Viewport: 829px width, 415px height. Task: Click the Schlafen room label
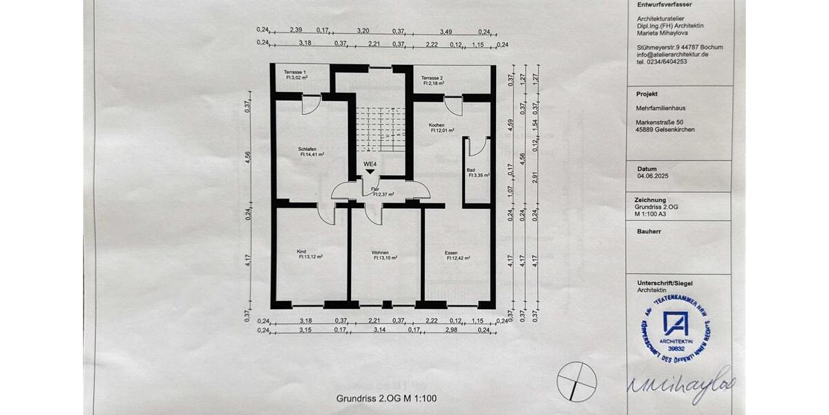pyautogui.click(x=307, y=149)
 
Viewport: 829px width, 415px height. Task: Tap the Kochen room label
pyautogui.click(x=436, y=124)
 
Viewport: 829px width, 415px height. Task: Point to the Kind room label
pyautogui.click(x=302, y=251)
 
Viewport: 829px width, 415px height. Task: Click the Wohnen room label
pyautogui.click(x=379, y=252)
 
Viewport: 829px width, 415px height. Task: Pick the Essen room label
pyautogui.click(x=450, y=252)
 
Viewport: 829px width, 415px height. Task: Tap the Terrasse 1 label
pyautogui.click(x=295, y=73)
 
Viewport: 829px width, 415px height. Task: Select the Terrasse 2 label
pyautogui.click(x=432, y=77)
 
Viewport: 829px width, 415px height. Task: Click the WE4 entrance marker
pyautogui.click(x=370, y=164)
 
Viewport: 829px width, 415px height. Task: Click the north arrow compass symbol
pyautogui.click(x=577, y=382)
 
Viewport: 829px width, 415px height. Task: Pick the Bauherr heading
pyautogui.click(x=649, y=231)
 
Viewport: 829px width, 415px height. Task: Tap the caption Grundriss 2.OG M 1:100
pyautogui.click(x=386, y=398)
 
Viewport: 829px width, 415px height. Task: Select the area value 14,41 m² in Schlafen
pyautogui.click(x=312, y=155)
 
